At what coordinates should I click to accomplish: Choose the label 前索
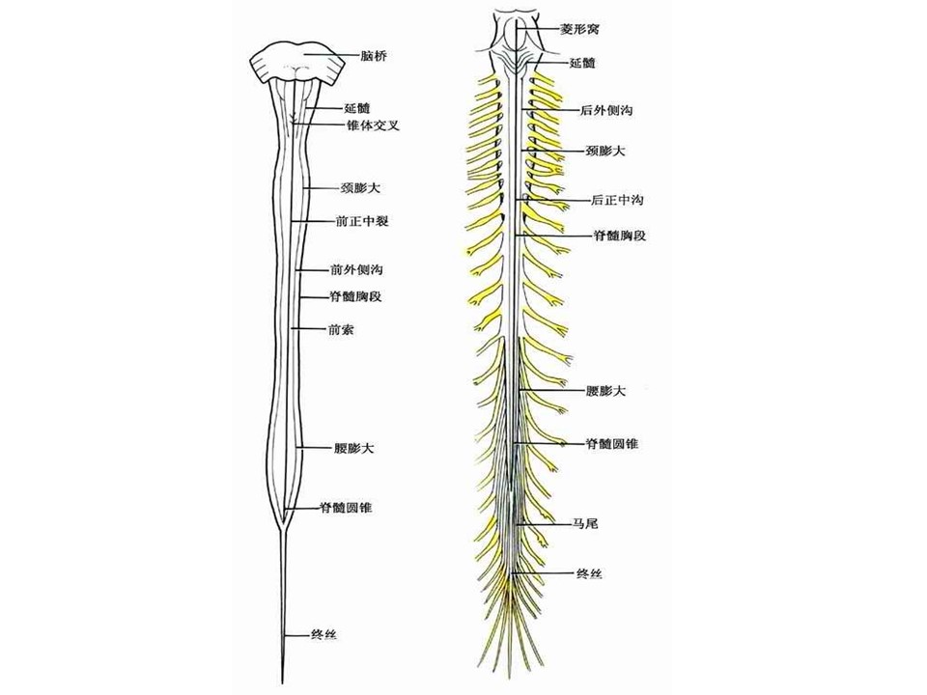tap(340, 329)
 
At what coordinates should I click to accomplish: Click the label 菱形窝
tap(582, 29)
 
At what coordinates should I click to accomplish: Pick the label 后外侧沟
tap(607, 112)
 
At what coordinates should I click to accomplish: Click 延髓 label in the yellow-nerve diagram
tap(583, 63)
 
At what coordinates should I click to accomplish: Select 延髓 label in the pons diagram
tap(356, 108)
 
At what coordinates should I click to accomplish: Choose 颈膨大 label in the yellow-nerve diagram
tap(605, 151)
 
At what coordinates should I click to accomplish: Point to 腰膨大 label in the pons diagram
tap(353, 448)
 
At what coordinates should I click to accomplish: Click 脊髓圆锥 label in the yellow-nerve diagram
tap(611, 443)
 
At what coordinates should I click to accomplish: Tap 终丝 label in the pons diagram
tap(323, 634)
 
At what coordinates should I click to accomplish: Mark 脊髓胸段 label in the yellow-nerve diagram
tap(618, 235)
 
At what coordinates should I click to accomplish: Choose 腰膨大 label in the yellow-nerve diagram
tap(605, 391)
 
